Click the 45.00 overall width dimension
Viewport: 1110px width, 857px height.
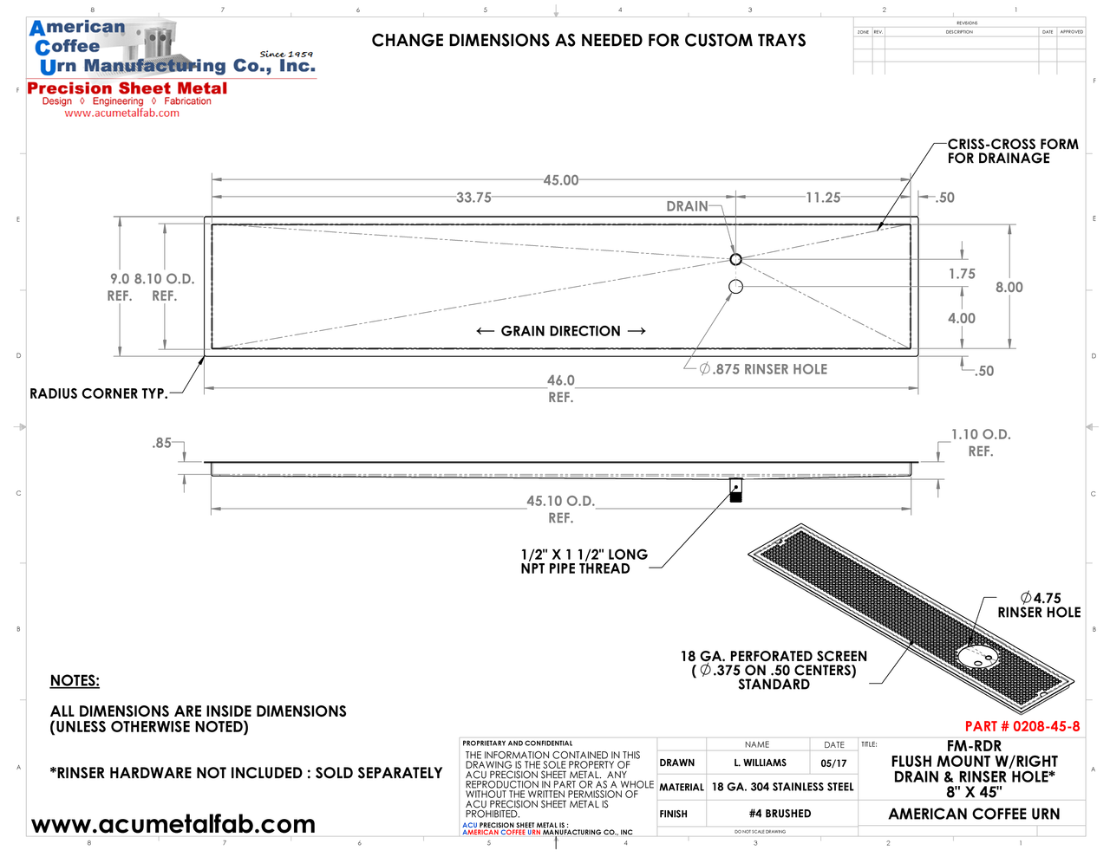(x=560, y=180)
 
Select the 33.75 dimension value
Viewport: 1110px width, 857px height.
(x=473, y=198)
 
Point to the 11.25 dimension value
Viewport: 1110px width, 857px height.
(x=822, y=198)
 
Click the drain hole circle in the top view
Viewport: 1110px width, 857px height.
(x=735, y=259)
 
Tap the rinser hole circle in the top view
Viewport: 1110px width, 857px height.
(x=735, y=287)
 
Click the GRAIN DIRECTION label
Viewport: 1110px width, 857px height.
(x=560, y=331)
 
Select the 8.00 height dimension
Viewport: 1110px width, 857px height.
(x=1009, y=288)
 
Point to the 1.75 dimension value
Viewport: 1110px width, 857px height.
(x=961, y=274)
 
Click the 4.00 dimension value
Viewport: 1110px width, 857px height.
(x=961, y=318)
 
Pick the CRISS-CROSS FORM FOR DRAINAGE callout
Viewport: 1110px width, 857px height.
(x=1012, y=151)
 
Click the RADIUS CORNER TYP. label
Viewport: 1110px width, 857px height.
(x=98, y=393)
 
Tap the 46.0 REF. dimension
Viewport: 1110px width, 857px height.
(x=560, y=388)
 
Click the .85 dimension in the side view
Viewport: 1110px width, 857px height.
(x=161, y=443)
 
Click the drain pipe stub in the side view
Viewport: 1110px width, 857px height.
(x=735, y=490)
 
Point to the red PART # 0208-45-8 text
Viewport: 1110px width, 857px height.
(x=1022, y=726)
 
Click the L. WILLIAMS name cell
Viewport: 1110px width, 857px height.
(x=760, y=763)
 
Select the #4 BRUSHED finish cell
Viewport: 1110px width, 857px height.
(x=780, y=814)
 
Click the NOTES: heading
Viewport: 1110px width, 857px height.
(x=75, y=681)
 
